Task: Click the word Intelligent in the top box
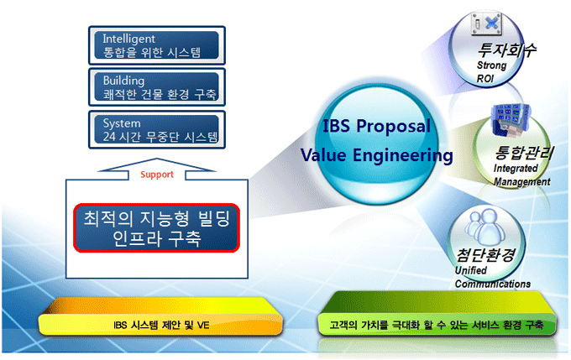pos(128,39)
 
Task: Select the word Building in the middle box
pos(123,81)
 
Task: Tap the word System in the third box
pos(121,123)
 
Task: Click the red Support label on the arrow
pos(157,175)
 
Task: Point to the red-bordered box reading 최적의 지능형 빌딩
pos(156,228)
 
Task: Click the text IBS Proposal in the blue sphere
pos(376,126)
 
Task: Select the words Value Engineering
pos(376,155)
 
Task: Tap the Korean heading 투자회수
pos(506,50)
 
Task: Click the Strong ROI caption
pos(491,71)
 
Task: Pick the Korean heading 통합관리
pos(524,153)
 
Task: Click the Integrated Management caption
pos(521,175)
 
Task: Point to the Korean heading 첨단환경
pos(486,255)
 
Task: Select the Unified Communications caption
pos(492,277)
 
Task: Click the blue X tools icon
pos(486,23)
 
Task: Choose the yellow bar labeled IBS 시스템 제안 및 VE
pos(160,316)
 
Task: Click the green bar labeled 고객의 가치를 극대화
pos(437,313)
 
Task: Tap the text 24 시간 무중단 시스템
pos(160,137)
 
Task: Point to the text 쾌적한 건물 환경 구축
pos(160,95)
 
